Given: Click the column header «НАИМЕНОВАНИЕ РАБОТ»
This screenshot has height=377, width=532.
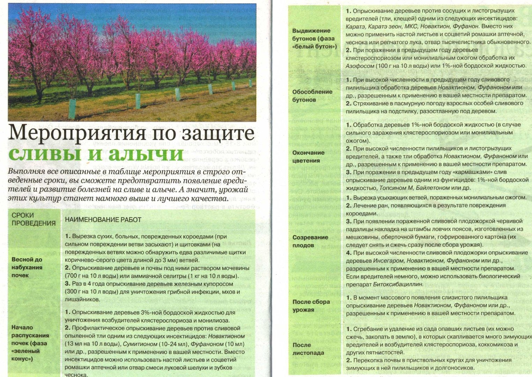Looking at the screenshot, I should (103, 220).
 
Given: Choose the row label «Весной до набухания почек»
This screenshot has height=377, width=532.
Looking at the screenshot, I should (27, 267).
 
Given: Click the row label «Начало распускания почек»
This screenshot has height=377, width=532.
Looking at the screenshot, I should (30, 343).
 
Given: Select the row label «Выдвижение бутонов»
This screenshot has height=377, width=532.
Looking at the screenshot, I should (313, 38).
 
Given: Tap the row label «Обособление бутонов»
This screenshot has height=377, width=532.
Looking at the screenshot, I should (312, 96).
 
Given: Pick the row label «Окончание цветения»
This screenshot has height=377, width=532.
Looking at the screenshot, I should (308, 156).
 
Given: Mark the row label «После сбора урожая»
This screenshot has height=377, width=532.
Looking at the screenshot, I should (311, 305).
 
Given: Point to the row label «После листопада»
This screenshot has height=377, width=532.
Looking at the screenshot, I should (308, 349).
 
